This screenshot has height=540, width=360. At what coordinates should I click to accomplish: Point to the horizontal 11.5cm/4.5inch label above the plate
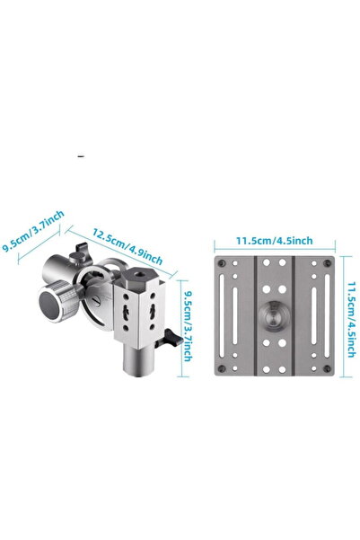tap(274, 240)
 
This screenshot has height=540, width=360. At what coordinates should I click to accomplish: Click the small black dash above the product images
tap(81, 158)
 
